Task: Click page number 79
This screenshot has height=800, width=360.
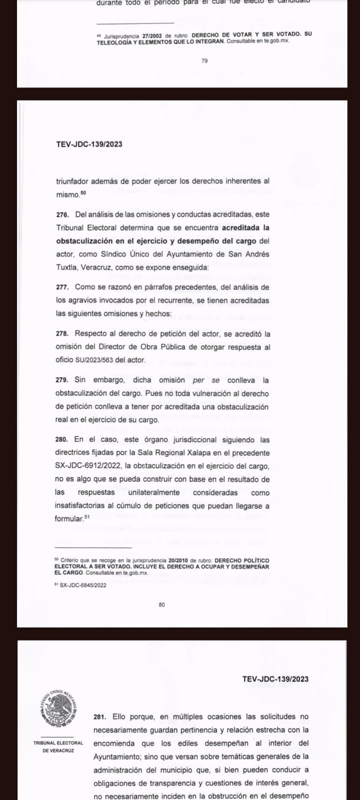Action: tap(204, 61)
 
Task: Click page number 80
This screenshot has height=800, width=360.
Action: tap(161, 604)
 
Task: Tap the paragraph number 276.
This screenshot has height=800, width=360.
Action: tap(62, 214)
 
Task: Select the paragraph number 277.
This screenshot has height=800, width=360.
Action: tap(62, 287)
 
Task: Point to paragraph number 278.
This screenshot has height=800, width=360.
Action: tap(62, 333)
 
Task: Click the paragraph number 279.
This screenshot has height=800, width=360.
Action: tap(62, 380)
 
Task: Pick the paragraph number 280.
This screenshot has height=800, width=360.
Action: tap(62, 440)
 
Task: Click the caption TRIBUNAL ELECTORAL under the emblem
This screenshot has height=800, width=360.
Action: tap(58, 743)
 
